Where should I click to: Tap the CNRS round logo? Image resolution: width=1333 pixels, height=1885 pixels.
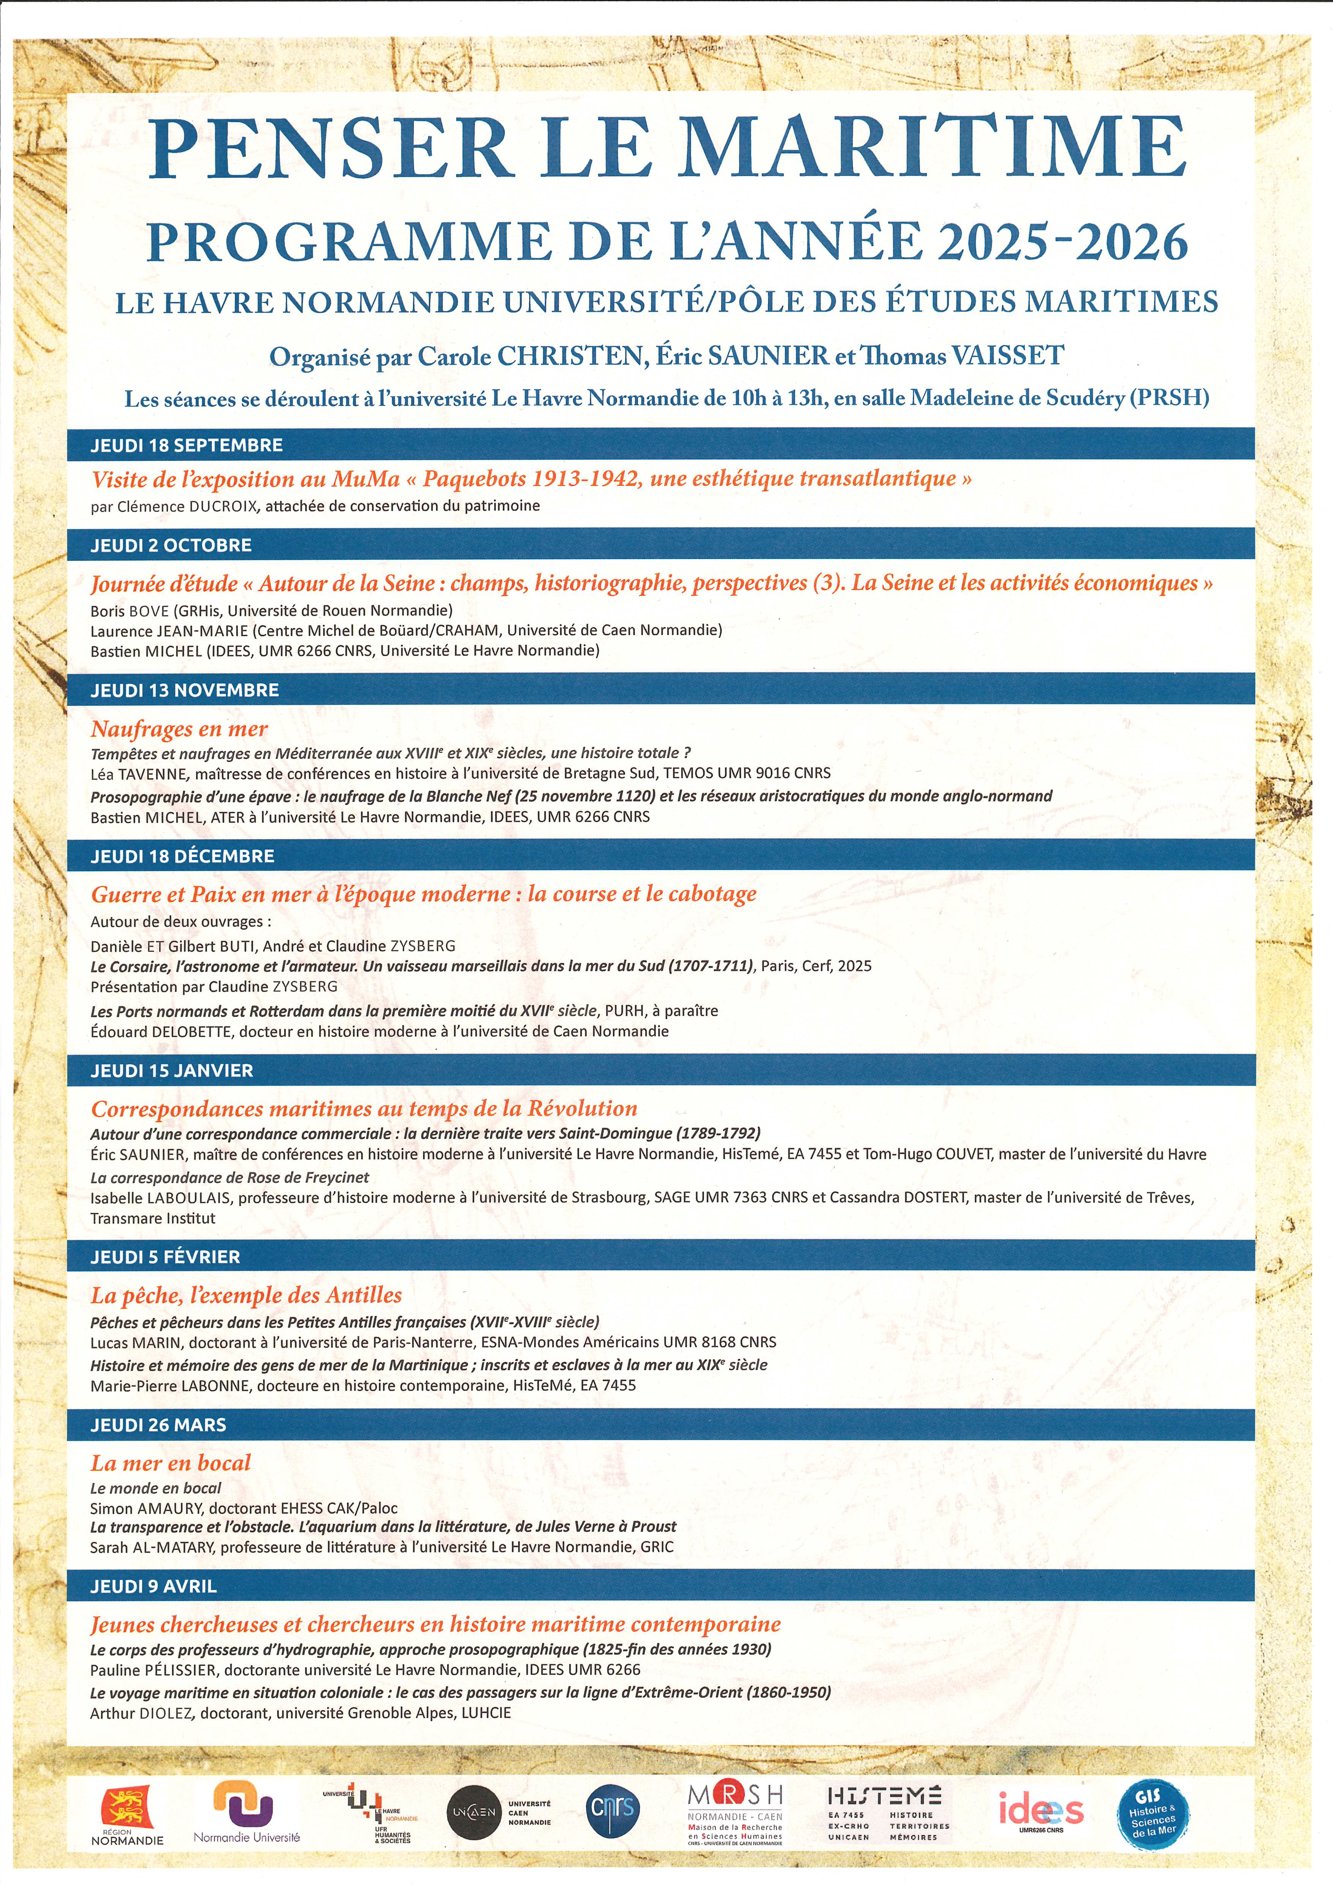[612, 1809]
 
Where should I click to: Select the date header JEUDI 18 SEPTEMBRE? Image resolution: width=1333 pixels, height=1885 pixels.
[186, 445]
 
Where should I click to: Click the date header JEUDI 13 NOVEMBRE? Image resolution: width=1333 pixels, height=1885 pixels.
[185, 690]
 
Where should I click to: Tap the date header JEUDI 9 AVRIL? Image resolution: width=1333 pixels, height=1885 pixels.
[154, 1586]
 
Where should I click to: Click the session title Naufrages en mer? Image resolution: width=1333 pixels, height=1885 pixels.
[179, 728]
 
